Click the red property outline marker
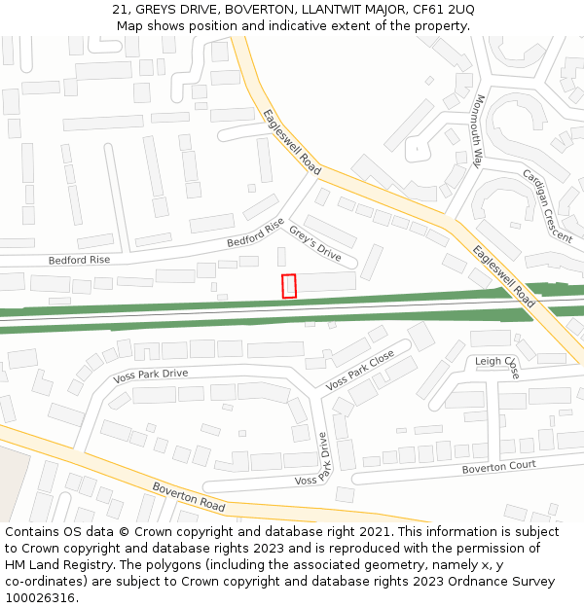click(289, 286)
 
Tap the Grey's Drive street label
click(315, 243)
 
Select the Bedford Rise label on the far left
click(79, 260)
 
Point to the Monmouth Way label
click(478, 132)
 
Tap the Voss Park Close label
click(360, 370)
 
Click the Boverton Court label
click(499, 467)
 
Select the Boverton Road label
click(189, 497)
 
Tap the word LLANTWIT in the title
click(296, 10)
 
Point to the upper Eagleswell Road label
click(292, 142)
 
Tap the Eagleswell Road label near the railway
click(503, 275)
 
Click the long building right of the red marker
click(326, 282)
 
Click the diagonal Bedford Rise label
click(255, 232)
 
